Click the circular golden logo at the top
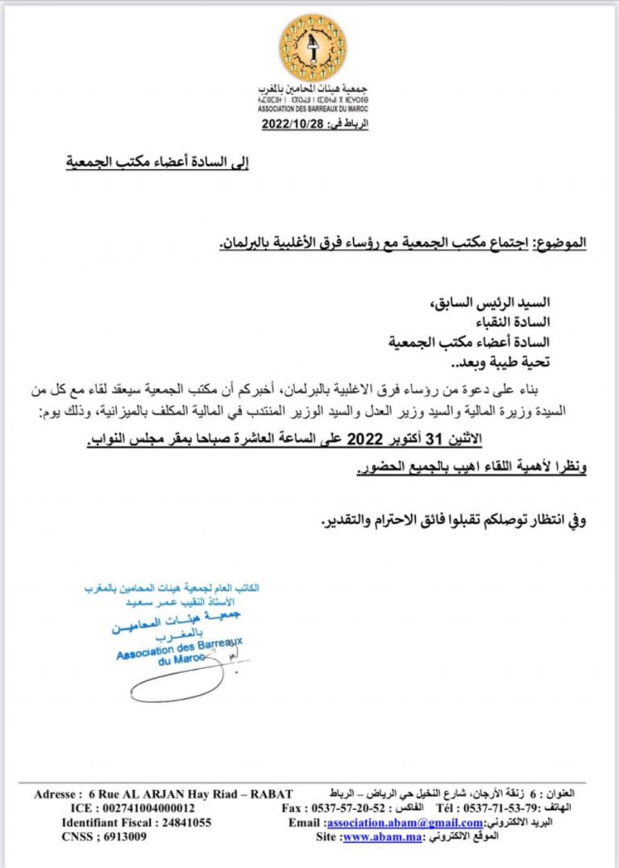pyautogui.click(x=313, y=48)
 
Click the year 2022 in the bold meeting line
pyautogui.click(x=363, y=440)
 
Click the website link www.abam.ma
pyautogui.click(x=376, y=837)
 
